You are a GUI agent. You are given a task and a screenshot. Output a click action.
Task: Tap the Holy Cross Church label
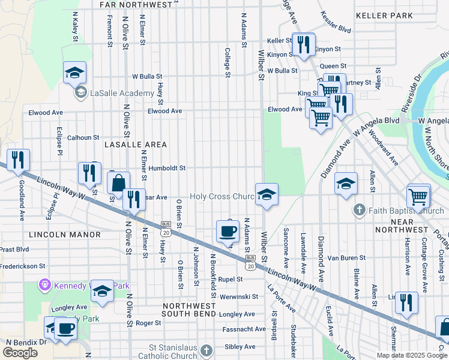(x=223, y=197)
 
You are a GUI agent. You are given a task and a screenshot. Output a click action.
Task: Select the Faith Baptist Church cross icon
(x=359, y=209)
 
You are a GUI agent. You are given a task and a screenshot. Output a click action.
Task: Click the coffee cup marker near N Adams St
(x=227, y=231)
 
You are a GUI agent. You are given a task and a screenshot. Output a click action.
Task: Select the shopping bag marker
(x=119, y=183)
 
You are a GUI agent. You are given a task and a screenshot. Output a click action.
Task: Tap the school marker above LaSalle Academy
(x=75, y=73)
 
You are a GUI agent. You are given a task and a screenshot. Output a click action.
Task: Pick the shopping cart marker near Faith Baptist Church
(x=418, y=196)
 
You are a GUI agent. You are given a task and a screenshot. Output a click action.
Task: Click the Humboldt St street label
(x=167, y=169)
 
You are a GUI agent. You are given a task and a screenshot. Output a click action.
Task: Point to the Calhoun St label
(x=83, y=137)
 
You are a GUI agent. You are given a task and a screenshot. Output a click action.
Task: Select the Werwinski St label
(x=238, y=296)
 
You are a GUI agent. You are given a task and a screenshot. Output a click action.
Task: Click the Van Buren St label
(x=346, y=258)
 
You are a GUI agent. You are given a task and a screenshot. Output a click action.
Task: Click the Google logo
(x=20, y=353)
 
